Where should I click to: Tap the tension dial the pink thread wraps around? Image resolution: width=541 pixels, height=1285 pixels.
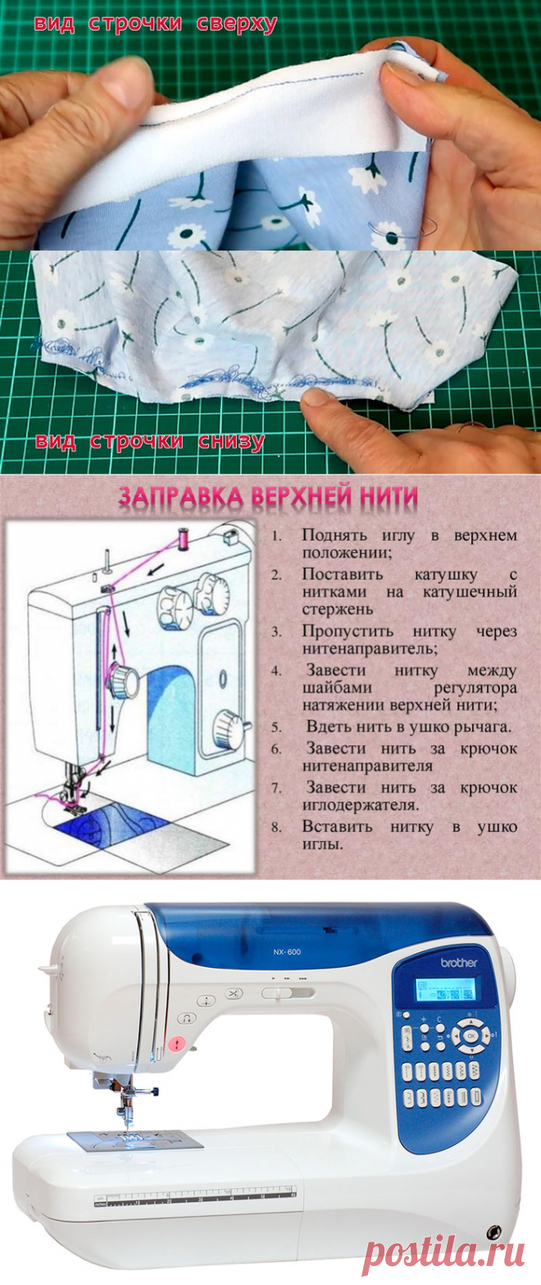tap(123, 679)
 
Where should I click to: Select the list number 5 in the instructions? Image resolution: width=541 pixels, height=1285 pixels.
tap(277, 727)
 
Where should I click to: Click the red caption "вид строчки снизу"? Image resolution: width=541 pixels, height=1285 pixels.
tap(149, 441)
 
